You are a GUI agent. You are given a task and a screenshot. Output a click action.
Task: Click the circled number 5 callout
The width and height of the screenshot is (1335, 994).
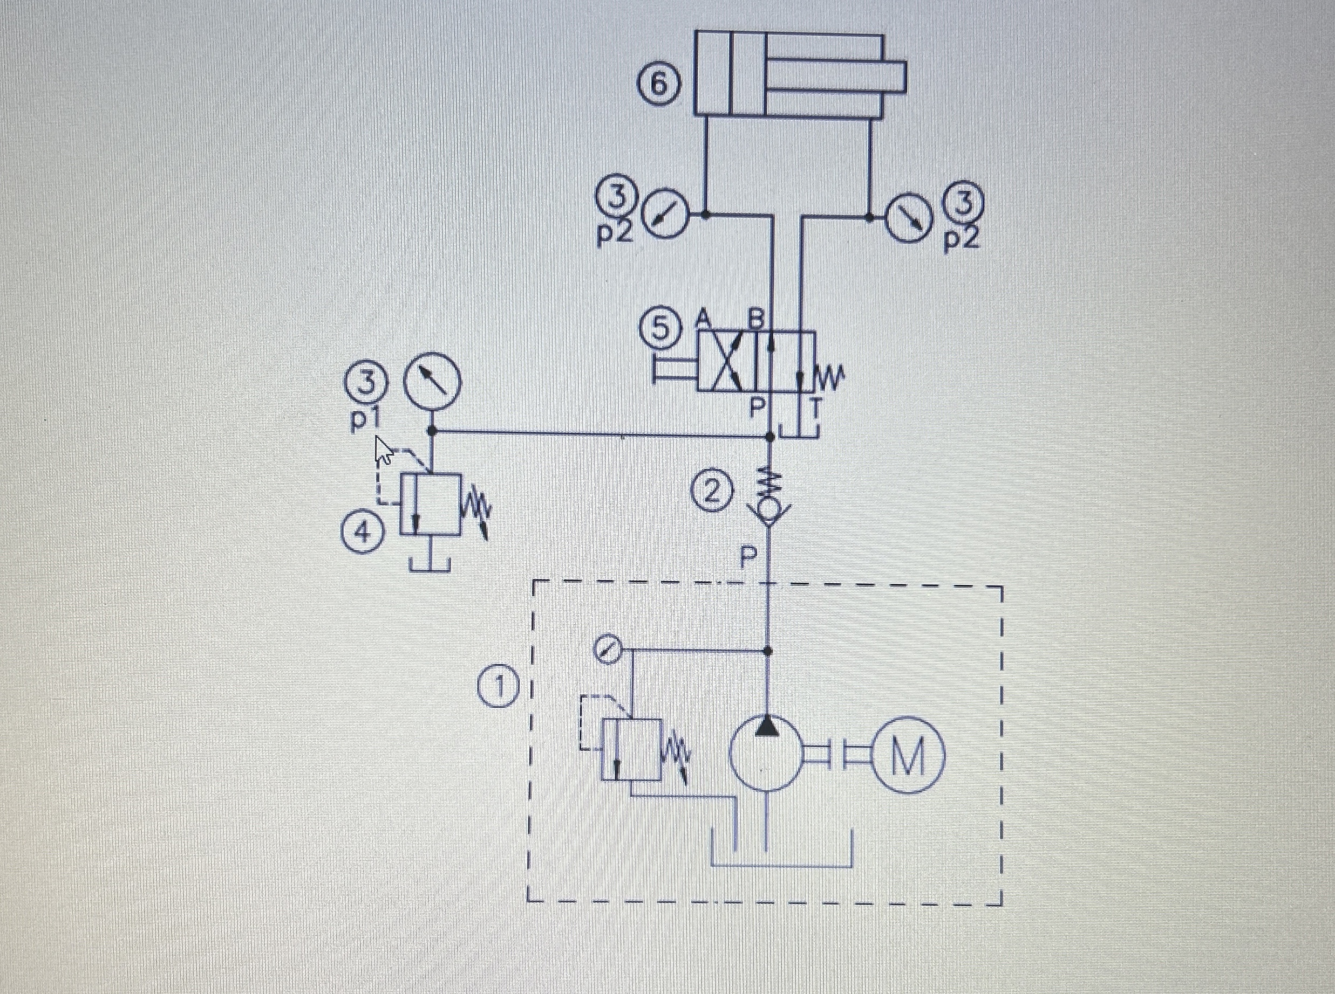tap(660, 329)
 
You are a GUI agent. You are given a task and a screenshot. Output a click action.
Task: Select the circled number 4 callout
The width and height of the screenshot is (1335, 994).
tap(362, 533)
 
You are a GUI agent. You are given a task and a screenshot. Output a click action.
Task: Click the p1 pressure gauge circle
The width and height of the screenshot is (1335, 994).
tap(431, 383)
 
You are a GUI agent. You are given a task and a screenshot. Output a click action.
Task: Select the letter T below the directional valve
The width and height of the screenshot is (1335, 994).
tap(815, 409)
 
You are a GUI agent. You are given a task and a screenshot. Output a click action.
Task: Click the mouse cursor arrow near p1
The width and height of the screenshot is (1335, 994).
tap(384, 450)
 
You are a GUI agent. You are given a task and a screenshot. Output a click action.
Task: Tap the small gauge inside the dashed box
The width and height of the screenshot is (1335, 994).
tap(607, 651)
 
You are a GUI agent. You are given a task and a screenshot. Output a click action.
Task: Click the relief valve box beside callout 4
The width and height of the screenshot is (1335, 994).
tap(431, 503)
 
